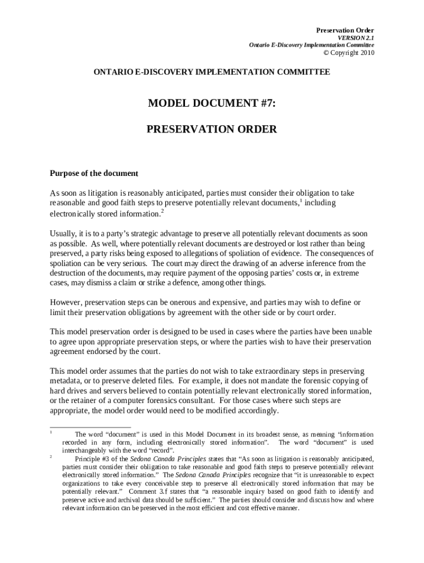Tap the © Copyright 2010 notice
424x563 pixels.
348,53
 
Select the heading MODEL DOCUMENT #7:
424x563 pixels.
211,103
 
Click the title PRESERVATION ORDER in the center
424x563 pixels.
211,130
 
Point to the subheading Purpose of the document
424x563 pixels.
94,173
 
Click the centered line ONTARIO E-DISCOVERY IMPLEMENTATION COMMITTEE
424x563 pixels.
212,73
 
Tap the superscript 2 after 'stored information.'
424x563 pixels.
162,210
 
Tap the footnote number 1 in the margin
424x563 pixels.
51,433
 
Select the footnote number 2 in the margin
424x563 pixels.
51,456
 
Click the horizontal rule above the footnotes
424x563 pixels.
90,427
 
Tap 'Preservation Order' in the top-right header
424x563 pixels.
345,30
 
